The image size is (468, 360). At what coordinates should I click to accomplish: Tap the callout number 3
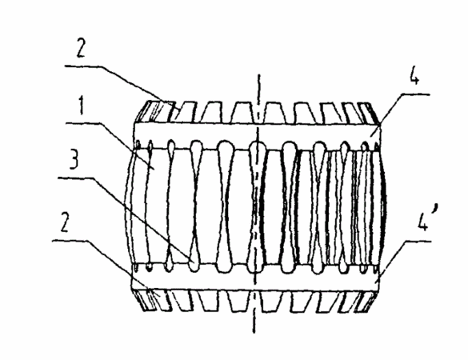pyautogui.click(x=74, y=159)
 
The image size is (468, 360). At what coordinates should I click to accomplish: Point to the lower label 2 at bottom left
pyautogui.click(x=65, y=222)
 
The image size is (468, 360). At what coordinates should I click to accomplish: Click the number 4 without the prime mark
pyautogui.click(x=414, y=75)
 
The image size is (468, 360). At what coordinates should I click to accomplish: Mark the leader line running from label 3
pyautogui.click(x=126, y=219)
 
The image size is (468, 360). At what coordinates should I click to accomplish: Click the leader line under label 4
pyautogui.click(x=400, y=115)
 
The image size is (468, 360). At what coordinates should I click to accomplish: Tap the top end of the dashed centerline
pyautogui.click(x=258, y=74)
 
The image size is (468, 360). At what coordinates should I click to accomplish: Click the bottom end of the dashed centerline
pyautogui.click(x=254, y=332)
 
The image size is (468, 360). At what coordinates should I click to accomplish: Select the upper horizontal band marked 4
pyautogui.click(x=258, y=135)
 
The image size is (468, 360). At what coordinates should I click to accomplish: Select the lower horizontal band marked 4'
pyautogui.click(x=255, y=277)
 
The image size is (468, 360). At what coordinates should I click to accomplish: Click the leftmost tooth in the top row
pyautogui.click(x=154, y=112)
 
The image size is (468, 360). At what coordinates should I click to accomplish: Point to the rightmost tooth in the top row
pyautogui.click(x=370, y=113)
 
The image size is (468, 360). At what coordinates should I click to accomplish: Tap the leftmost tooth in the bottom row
pyautogui.click(x=146, y=300)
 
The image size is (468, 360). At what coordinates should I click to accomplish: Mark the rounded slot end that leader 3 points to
pyautogui.click(x=194, y=263)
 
